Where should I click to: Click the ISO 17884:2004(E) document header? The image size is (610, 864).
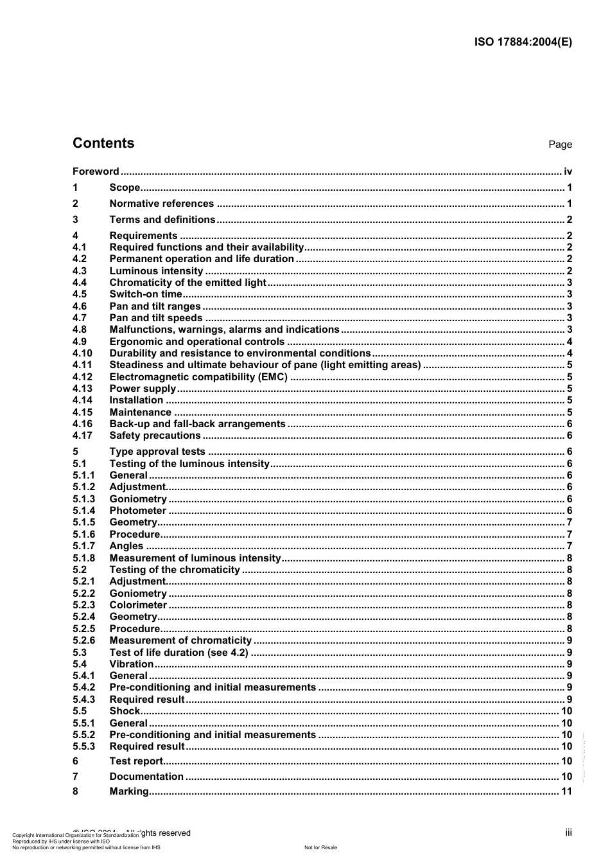pyautogui.click(x=523, y=42)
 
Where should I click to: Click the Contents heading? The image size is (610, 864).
pyautogui.click(x=103, y=143)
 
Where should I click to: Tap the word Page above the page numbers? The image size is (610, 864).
pyautogui.click(x=560, y=145)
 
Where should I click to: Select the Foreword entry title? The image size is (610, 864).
pyautogui.click(x=96, y=172)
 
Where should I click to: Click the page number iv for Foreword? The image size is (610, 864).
pyautogui.click(x=568, y=172)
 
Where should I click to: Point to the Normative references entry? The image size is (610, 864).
pyautogui.click(x=161, y=204)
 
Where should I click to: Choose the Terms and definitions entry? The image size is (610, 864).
pyautogui.click(x=162, y=220)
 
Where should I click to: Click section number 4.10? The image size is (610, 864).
pyautogui.click(x=82, y=353)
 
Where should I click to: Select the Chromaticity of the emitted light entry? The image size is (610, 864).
pyautogui.click(x=187, y=283)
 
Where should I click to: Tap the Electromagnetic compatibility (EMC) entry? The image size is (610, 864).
pyautogui.click(x=198, y=377)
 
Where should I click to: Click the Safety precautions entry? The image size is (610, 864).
pyautogui.click(x=155, y=436)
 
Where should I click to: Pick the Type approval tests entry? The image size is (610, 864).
pyautogui.click(x=157, y=452)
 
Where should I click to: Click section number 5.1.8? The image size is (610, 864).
pyautogui.click(x=83, y=558)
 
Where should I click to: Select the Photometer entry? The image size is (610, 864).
pyautogui.click(x=137, y=511)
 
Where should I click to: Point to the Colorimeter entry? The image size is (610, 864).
pyautogui.click(x=138, y=605)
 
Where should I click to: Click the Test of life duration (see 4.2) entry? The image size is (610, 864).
pyautogui.click(x=179, y=653)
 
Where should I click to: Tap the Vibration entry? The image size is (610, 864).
pyautogui.click(x=132, y=664)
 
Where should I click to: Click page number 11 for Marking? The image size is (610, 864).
pyautogui.click(x=566, y=791)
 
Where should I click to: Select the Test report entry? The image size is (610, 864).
pyautogui.click(x=136, y=761)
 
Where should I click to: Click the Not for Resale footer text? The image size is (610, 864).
pyautogui.click(x=320, y=847)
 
